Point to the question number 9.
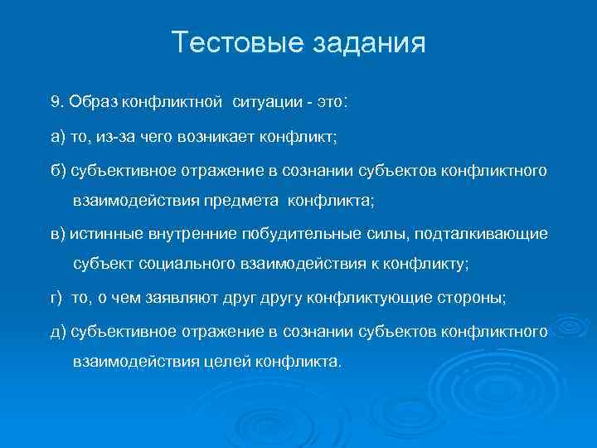[x=56, y=101]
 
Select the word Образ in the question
[x=93, y=101]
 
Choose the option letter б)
[x=57, y=170]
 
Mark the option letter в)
[x=56, y=233]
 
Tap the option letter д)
[x=57, y=331]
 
